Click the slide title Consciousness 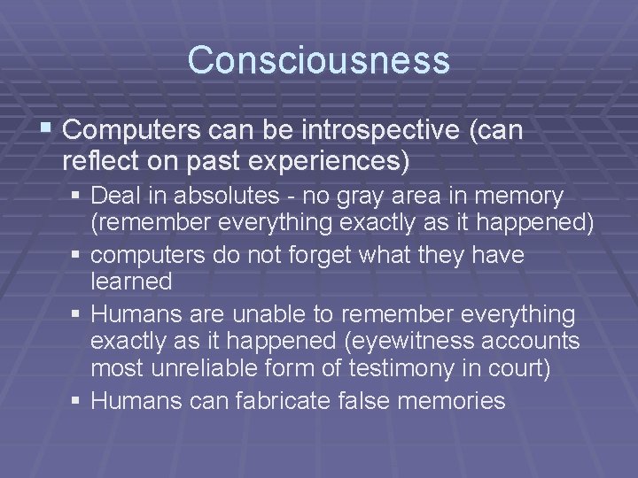[319, 60]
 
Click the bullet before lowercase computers [78, 256]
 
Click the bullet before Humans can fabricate [78, 401]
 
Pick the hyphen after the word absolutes [247, 196]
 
